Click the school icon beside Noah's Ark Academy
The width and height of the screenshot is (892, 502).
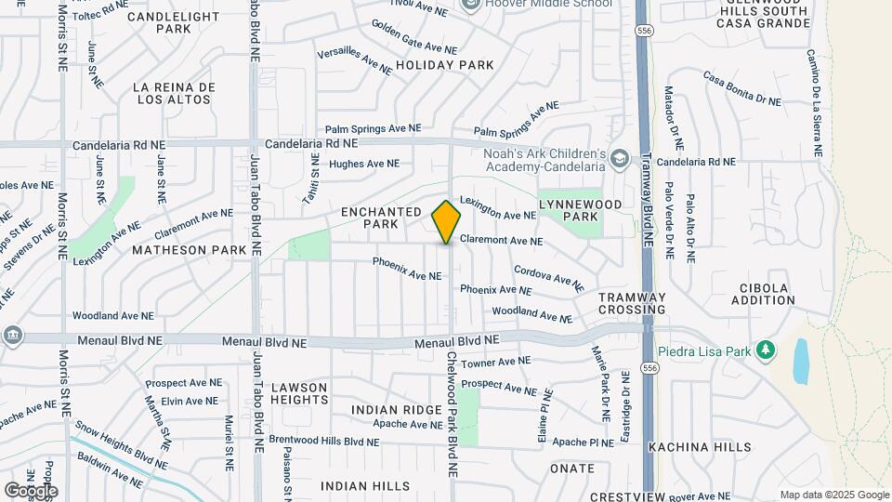pyautogui.click(x=618, y=160)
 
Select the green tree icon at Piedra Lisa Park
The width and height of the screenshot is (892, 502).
pyautogui.click(x=766, y=350)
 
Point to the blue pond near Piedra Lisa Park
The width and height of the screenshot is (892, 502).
pyautogui.click(x=801, y=361)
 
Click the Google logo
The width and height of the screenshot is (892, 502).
pyautogui.click(x=31, y=490)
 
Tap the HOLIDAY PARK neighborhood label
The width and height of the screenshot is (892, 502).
pyautogui.click(x=444, y=65)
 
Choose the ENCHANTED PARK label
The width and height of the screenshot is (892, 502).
pyautogui.click(x=382, y=218)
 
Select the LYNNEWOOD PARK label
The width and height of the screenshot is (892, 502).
pyautogui.click(x=570, y=209)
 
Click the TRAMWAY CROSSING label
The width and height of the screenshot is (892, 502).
pyautogui.click(x=632, y=303)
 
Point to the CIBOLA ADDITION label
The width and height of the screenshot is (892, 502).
pyautogui.click(x=763, y=294)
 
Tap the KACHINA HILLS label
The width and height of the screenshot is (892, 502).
pyautogui.click(x=700, y=447)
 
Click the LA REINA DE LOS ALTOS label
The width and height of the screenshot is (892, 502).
pyautogui.click(x=174, y=94)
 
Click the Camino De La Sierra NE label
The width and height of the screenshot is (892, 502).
pyautogui.click(x=814, y=102)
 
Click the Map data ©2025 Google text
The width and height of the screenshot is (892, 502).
pyautogui.click(x=833, y=495)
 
